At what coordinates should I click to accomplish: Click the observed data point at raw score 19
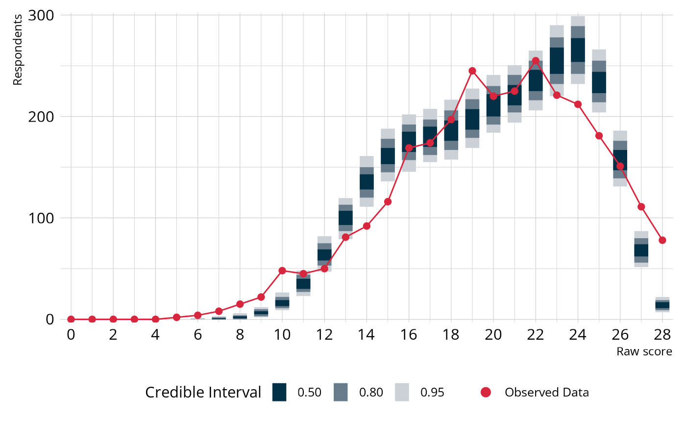[x=472, y=71]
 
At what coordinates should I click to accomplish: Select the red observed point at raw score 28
[x=662, y=240]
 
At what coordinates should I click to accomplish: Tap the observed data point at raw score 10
[x=282, y=271]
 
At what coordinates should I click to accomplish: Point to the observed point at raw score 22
[x=536, y=61]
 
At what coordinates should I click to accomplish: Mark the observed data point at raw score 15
[x=388, y=201]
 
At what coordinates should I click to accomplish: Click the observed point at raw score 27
[x=641, y=207]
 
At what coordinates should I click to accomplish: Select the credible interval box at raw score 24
[x=578, y=50]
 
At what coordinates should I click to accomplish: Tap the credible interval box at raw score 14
[x=367, y=181]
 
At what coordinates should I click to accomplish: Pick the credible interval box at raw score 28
[x=662, y=304]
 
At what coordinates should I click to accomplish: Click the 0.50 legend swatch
[x=279, y=392]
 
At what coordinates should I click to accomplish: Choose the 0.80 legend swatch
[x=341, y=392]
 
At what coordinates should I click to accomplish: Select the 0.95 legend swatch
[x=402, y=392]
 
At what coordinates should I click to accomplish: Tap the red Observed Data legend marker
[x=486, y=392]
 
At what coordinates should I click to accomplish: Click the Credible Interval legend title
[x=203, y=393]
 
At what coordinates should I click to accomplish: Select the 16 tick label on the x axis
[x=409, y=335]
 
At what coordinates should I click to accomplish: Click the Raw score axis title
[x=644, y=351]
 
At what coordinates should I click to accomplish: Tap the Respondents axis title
[x=18, y=50]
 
